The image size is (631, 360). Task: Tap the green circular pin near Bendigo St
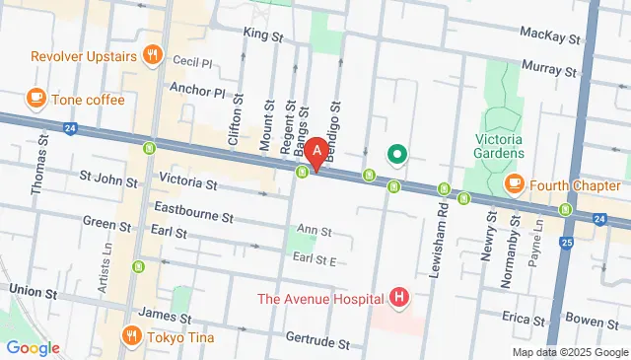pyautogui.click(x=396, y=154)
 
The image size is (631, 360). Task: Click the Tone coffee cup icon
pyautogui.click(x=36, y=99)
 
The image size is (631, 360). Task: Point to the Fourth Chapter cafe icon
pyautogui.click(x=514, y=183)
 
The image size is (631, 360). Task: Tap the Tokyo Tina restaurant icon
pyautogui.click(x=131, y=336)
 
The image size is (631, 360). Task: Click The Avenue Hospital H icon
pyautogui.click(x=398, y=297)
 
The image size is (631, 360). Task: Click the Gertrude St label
pyautogui.click(x=316, y=344)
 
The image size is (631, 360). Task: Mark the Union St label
pyautogui.click(x=32, y=289)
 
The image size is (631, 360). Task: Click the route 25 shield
pyautogui.click(x=565, y=242)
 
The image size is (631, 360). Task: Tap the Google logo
pyautogui.click(x=33, y=347)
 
